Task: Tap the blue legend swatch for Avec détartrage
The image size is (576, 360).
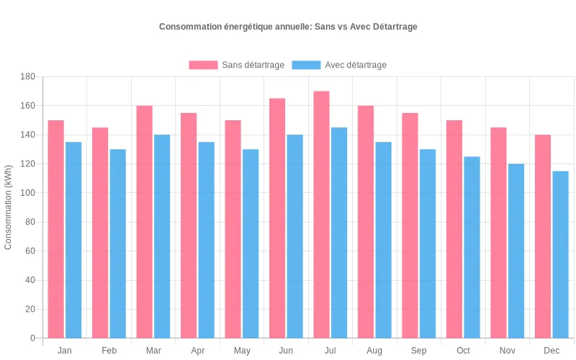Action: (x=306, y=65)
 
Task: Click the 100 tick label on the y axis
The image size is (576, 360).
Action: (x=27, y=193)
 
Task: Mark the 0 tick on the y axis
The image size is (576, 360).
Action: (x=32, y=338)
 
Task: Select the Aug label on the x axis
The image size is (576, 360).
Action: (x=374, y=351)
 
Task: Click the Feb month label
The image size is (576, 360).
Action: (x=109, y=351)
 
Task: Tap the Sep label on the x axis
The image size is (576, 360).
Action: (x=418, y=351)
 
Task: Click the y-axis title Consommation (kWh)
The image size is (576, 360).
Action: (x=9, y=207)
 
